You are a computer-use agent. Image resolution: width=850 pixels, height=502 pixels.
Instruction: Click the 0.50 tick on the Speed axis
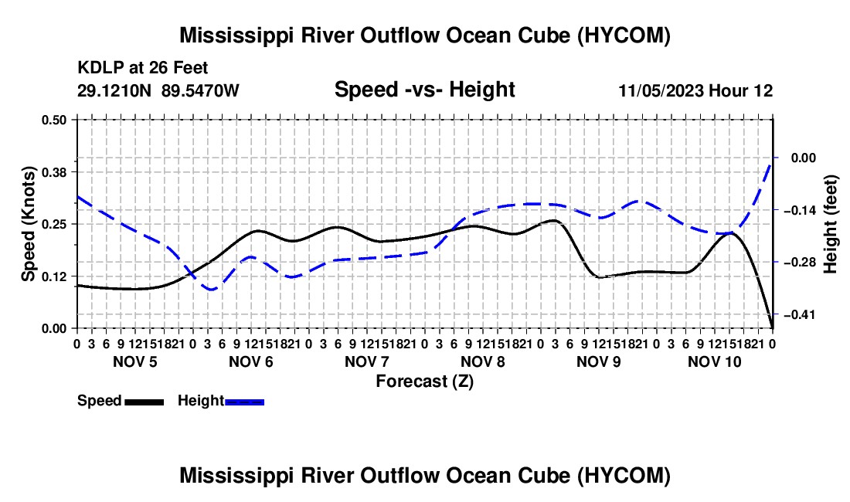click(53, 120)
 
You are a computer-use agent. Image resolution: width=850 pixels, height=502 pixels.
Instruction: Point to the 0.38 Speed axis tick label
click(53, 172)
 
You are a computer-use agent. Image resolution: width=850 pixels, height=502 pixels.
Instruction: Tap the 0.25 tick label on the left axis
click(53, 224)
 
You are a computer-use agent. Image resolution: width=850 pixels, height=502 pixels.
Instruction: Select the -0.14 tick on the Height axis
click(800, 210)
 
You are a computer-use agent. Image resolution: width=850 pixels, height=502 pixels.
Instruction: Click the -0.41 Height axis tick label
click(800, 314)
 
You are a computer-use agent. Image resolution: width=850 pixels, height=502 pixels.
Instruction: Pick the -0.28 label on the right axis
click(800, 263)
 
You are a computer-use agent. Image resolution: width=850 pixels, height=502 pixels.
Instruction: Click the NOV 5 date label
click(135, 361)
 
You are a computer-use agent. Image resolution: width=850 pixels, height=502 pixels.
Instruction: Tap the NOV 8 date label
click(482, 361)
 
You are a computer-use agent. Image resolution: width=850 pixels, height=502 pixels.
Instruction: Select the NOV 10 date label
click(715, 361)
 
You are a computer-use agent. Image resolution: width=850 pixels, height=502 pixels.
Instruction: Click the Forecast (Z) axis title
click(425, 382)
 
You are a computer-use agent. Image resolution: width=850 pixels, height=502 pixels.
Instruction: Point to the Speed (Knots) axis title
click(28, 224)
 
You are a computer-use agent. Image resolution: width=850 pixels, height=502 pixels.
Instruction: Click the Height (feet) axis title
click(831, 224)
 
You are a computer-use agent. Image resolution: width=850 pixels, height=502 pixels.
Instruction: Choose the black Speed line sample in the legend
click(144, 402)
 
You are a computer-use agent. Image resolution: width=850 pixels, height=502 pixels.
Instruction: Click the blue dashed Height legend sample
click(244, 402)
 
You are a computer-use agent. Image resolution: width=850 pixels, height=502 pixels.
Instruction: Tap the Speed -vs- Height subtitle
click(424, 90)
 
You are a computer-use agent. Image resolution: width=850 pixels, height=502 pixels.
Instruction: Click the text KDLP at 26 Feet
click(143, 68)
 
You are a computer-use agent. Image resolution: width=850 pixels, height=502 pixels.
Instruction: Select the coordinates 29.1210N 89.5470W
click(158, 90)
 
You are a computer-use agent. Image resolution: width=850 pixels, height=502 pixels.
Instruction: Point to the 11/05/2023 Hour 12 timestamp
click(695, 90)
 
